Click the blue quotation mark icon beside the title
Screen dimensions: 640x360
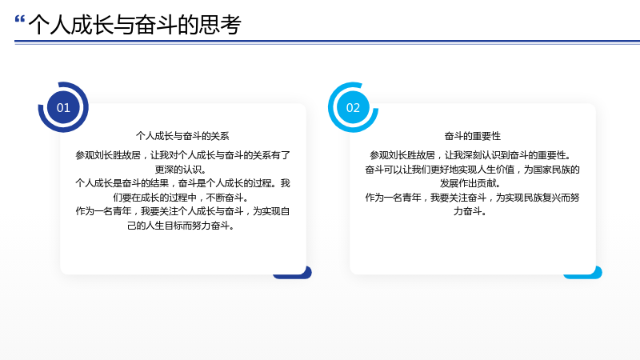[x=19, y=18]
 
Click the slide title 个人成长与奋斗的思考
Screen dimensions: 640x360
[x=135, y=25]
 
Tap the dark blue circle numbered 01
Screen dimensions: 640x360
[x=63, y=107]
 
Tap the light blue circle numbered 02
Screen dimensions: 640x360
[x=353, y=107]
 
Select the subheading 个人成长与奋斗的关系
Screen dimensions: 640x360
[x=182, y=136]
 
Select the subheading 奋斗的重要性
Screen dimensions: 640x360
[x=472, y=136]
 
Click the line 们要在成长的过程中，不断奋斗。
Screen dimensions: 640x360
[x=181, y=198]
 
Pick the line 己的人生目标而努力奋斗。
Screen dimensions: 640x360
[x=181, y=226]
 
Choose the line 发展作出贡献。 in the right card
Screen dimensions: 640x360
[x=470, y=183]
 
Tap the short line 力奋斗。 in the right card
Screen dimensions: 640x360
[x=470, y=211]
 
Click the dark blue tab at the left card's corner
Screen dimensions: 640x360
[x=292, y=273]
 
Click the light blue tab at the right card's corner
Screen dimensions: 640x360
[x=582, y=273]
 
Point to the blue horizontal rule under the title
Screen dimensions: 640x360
[x=327, y=42]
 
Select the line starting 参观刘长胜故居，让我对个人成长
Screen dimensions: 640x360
[x=182, y=155]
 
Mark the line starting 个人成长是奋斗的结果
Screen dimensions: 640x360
[x=182, y=183]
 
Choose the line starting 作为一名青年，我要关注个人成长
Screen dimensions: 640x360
[x=182, y=211]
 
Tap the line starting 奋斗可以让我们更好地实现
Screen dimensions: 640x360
[x=472, y=170]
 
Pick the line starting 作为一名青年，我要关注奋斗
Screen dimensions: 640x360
[x=472, y=198]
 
